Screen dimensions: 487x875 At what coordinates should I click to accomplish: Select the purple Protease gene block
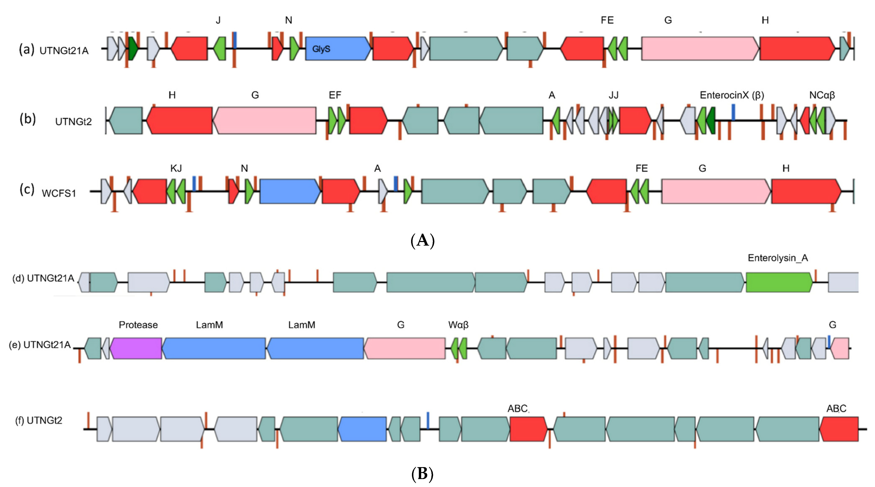pos(136,348)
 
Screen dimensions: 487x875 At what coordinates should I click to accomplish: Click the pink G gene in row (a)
pos(700,49)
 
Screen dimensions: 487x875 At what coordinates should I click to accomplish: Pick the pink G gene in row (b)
pos(264,120)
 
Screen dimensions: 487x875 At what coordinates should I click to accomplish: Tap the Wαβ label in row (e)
pos(458,325)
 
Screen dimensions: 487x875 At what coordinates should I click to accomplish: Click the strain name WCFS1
pos(59,193)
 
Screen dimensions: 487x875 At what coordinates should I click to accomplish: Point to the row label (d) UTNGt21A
pos(43,278)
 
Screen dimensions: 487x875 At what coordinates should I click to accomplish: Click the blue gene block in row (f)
pos(362,429)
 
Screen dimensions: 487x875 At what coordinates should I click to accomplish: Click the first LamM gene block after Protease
pos(214,348)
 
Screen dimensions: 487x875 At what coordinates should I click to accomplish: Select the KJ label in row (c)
pos(176,168)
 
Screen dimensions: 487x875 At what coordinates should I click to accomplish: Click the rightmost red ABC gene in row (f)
pos(839,429)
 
